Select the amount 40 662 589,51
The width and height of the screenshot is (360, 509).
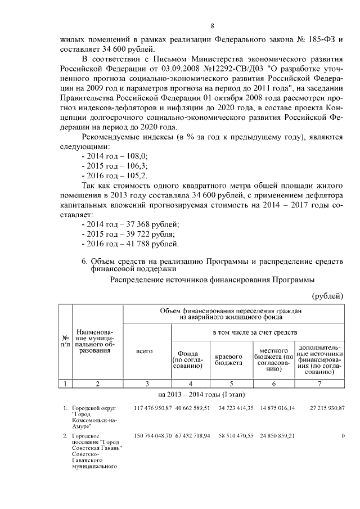[192, 408]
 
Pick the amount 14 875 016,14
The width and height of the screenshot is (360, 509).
[273, 408]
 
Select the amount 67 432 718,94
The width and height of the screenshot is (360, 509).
[192, 436]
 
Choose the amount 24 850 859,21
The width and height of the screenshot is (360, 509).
[273, 436]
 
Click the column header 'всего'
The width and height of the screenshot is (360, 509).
[145, 351]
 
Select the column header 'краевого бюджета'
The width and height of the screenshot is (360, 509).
[229, 359]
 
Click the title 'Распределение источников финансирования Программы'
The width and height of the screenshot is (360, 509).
[212, 280]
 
